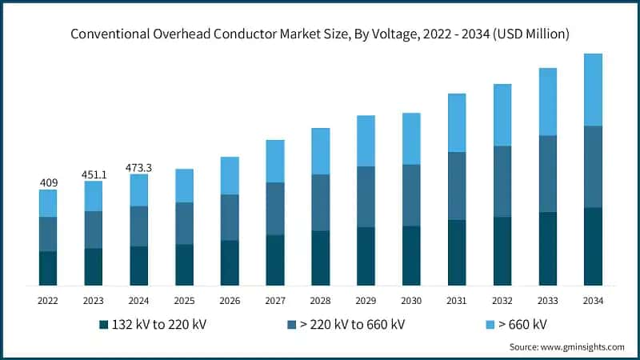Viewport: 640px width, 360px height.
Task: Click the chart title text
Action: (320, 34)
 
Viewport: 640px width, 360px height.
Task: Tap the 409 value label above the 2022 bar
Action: (48, 183)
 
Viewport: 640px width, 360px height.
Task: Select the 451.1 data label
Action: (94, 174)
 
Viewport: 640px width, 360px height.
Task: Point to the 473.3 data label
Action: (139, 167)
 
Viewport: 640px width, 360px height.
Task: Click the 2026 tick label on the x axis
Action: (230, 300)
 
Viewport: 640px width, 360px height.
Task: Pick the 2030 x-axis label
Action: (411, 300)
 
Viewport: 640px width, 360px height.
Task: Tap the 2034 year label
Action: (593, 300)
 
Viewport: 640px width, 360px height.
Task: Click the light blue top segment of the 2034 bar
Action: (593, 90)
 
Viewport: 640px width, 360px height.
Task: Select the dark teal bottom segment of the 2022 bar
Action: (48, 268)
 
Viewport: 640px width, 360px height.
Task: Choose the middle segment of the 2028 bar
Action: (321, 202)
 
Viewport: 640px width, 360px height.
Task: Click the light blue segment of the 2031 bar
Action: (457, 122)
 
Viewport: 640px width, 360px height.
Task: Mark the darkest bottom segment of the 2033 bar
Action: (547, 248)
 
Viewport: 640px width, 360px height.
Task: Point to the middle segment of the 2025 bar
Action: (184, 223)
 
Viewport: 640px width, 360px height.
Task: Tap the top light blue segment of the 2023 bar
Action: (94, 196)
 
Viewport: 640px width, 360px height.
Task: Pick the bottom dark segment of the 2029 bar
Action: (366, 256)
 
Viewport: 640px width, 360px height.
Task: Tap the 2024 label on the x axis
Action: (139, 300)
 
